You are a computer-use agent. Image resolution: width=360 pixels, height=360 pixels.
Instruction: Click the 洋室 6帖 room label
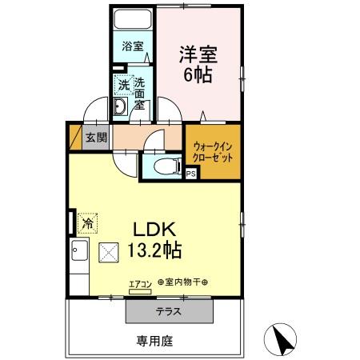click(x=199, y=65)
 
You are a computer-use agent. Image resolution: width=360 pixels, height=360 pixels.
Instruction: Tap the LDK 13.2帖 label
click(x=152, y=238)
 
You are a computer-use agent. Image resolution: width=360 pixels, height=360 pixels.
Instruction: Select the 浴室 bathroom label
click(x=133, y=46)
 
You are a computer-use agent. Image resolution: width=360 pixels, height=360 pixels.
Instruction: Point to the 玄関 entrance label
click(x=96, y=138)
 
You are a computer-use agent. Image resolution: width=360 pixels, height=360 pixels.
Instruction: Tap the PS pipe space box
click(x=191, y=172)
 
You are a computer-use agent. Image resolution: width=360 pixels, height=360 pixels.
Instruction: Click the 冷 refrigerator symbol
click(x=86, y=220)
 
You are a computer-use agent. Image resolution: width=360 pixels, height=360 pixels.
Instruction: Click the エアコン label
click(x=139, y=282)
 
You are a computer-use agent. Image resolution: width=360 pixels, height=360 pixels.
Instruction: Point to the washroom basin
click(x=121, y=109)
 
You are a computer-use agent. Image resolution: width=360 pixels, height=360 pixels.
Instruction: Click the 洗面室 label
click(x=139, y=92)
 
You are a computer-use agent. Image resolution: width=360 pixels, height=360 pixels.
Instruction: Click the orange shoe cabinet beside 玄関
click(x=75, y=138)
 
